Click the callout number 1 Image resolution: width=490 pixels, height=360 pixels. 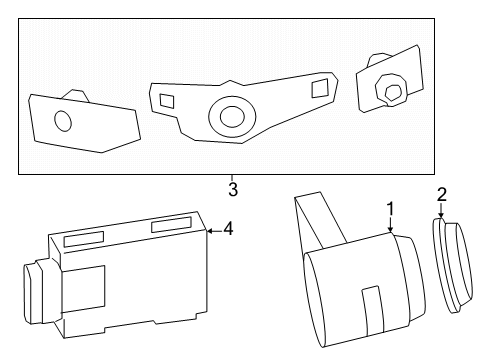(x=390, y=209)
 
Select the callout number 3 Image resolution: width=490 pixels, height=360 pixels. (x=232, y=189)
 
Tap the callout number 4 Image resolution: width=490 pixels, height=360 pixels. (x=228, y=229)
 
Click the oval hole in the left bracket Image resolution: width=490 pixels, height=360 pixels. (x=63, y=122)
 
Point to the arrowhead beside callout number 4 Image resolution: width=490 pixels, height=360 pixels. (x=210, y=230)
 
